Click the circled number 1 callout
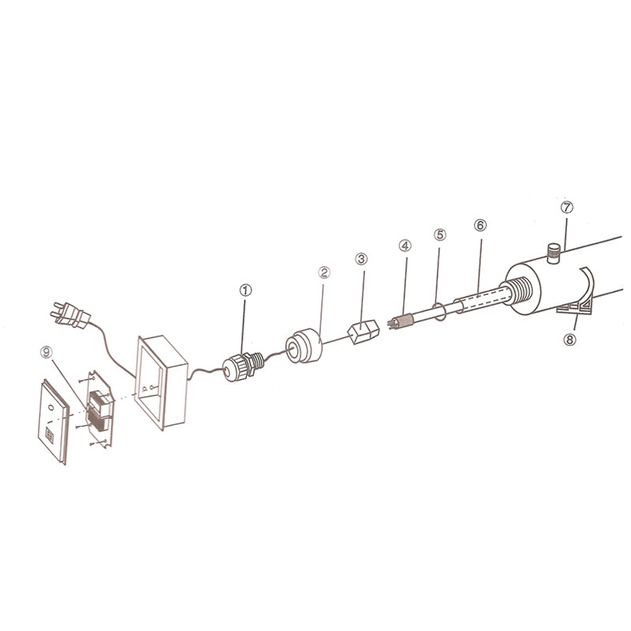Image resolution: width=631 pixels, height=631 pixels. pos(245,289)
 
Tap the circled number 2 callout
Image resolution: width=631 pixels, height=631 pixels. pos(324,272)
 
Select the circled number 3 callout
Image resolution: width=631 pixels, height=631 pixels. pos(361,259)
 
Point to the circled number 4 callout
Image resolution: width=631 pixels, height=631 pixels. pos(405,245)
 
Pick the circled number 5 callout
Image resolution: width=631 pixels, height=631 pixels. pos(440,234)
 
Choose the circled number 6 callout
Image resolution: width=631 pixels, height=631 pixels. pos(480,226)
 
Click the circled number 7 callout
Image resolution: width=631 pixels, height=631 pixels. pos(566,207)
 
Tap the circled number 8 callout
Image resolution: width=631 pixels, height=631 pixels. pos(569,340)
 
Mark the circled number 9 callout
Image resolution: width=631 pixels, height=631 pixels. pos(47,353)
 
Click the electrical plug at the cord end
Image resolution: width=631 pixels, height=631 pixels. pos(69,315)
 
